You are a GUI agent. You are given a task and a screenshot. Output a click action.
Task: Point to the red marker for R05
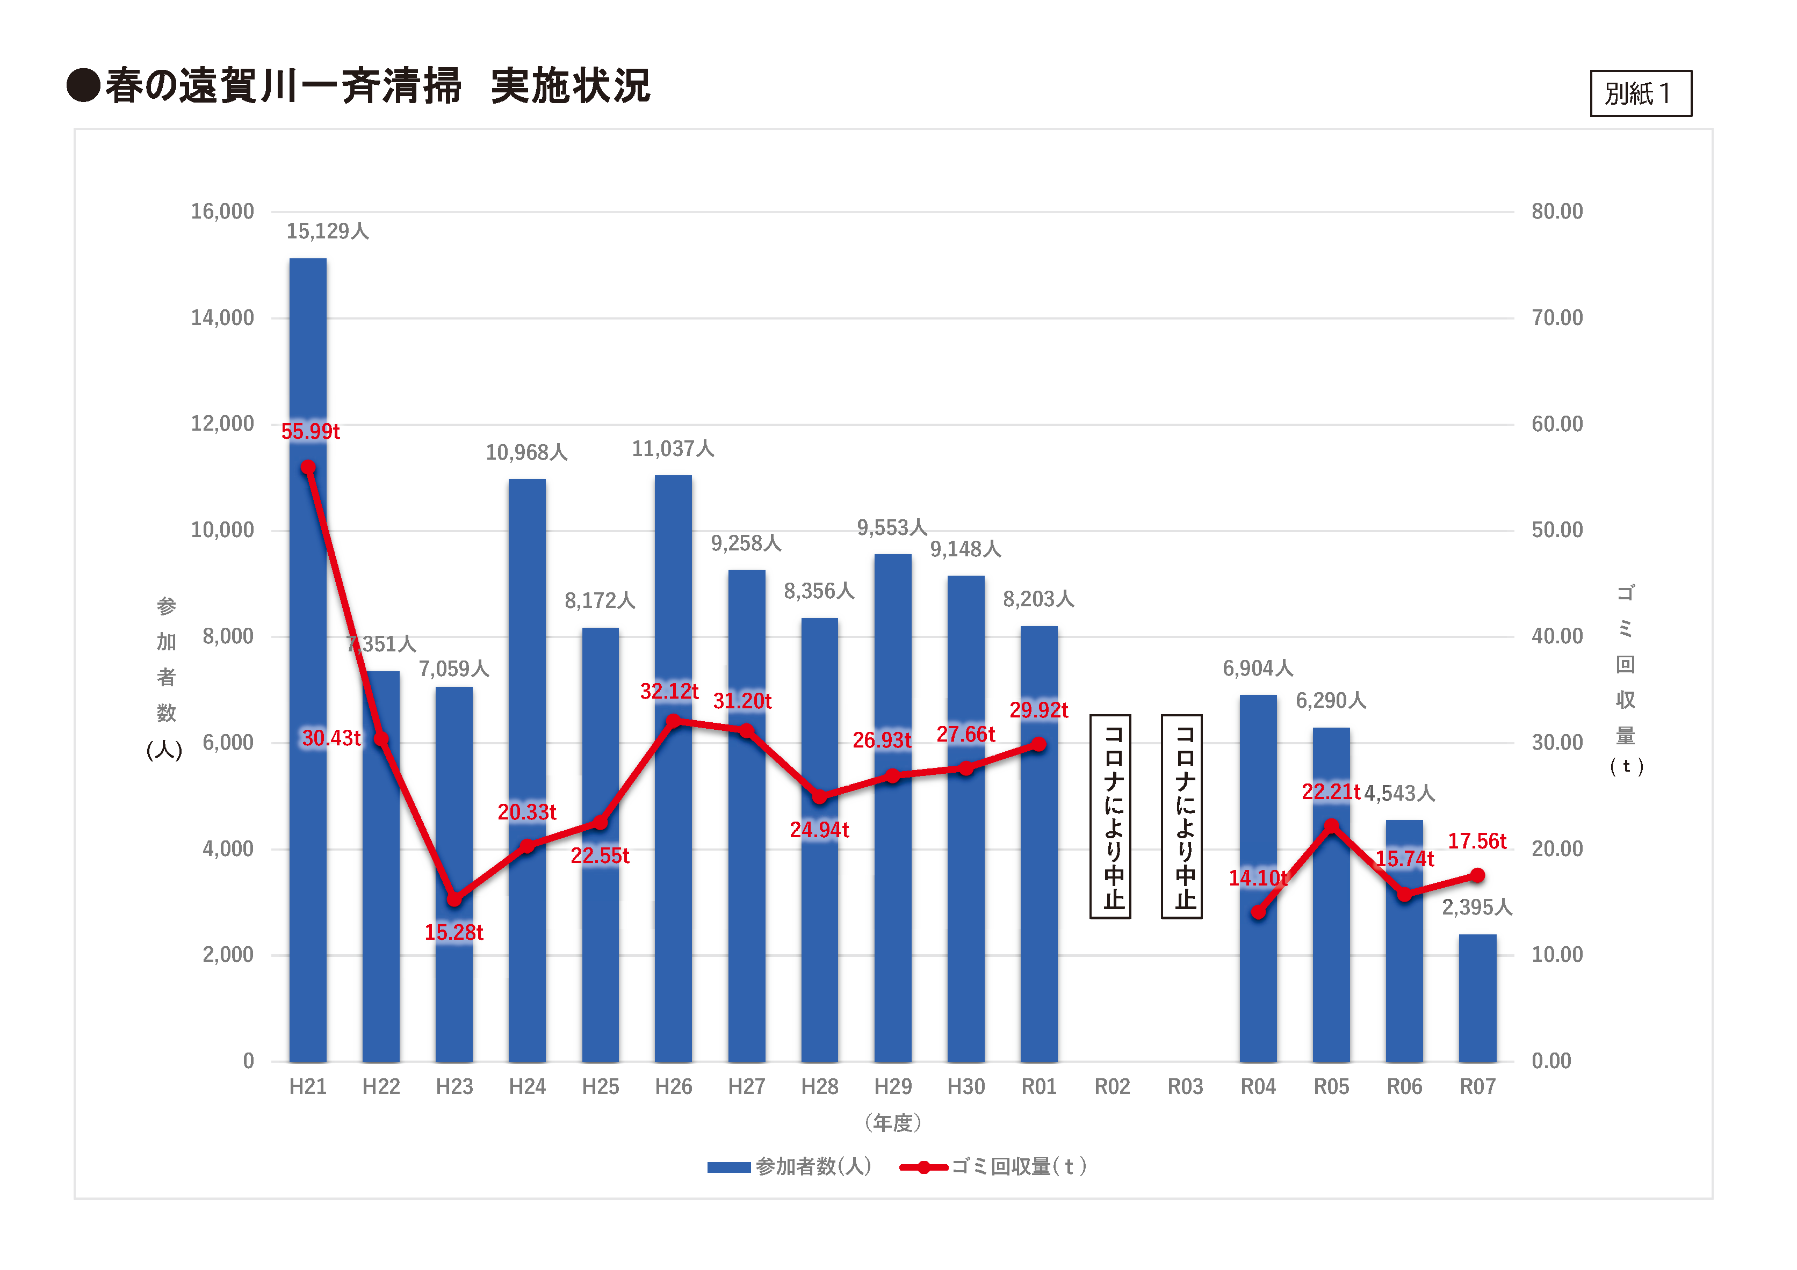[x=1331, y=826]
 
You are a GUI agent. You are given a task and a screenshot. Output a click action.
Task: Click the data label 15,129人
[x=327, y=231]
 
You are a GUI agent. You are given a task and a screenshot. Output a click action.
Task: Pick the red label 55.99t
[x=310, y=431]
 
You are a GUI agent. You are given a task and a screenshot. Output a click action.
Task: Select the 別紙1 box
[x=1641, y=93]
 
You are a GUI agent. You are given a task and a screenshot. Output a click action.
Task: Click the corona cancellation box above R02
[x=1110, y=816]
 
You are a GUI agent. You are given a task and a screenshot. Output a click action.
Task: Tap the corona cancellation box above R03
[x=1182, y=816]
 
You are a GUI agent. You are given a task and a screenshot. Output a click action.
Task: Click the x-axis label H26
[x=673, y=1086]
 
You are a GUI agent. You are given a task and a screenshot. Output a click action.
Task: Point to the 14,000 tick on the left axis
[x=222, y=318]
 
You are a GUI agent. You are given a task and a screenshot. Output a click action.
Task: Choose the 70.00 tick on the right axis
[x=1557, y=318]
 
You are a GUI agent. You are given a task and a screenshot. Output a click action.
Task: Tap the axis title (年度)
[x=893, y=1123]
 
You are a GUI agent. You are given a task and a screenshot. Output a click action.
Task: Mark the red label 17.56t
[x=1476, y=841]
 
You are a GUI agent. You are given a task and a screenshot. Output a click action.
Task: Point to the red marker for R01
[x=1038, y=744]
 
